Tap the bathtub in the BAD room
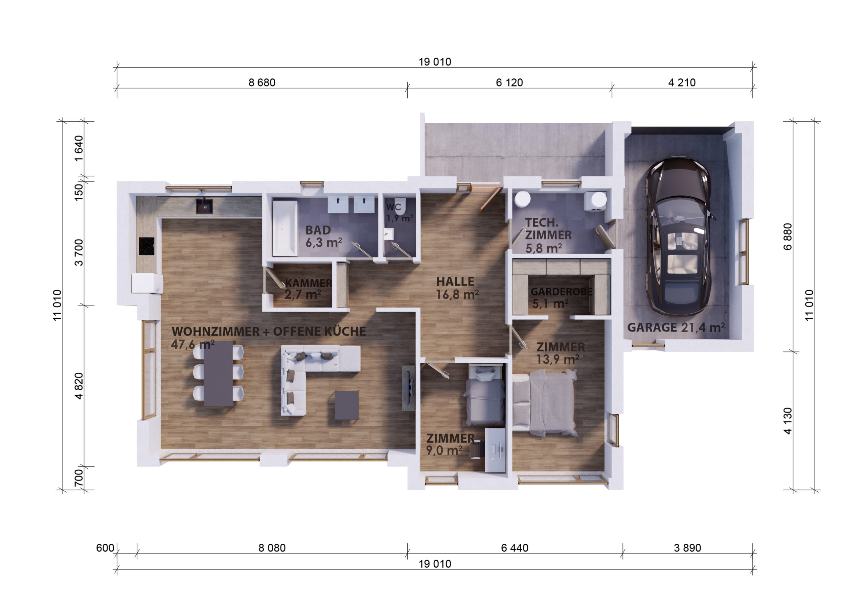284,228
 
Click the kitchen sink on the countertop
204,206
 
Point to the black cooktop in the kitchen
146,246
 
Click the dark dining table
218,373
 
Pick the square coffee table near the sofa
346,405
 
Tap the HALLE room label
455,282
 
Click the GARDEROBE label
561,292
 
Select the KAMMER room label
309,283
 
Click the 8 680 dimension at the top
262,82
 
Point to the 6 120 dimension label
509,82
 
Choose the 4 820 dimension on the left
78,386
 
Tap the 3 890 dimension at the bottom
687,548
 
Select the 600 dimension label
105,548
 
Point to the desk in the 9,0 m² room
495,450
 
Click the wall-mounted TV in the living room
408,388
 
